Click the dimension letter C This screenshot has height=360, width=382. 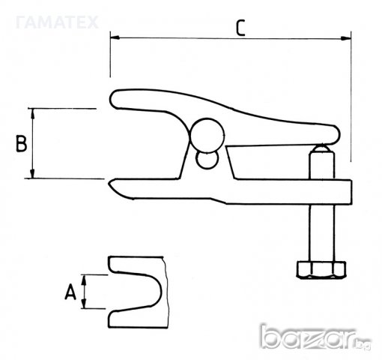click(240, 28)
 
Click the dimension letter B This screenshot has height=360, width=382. click(21, 143)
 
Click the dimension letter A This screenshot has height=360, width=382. click(70, 292)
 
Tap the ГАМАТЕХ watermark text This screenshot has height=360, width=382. click(57, 22)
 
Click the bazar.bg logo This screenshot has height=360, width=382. click(315, 337)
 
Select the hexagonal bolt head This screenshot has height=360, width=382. click(321, 269)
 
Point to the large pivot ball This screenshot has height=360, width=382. click(207, 135)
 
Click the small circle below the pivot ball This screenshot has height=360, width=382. click(207, 160)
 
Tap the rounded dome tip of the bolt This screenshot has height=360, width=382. click(321, 148)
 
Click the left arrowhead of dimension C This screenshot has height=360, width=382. click(115, 37)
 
